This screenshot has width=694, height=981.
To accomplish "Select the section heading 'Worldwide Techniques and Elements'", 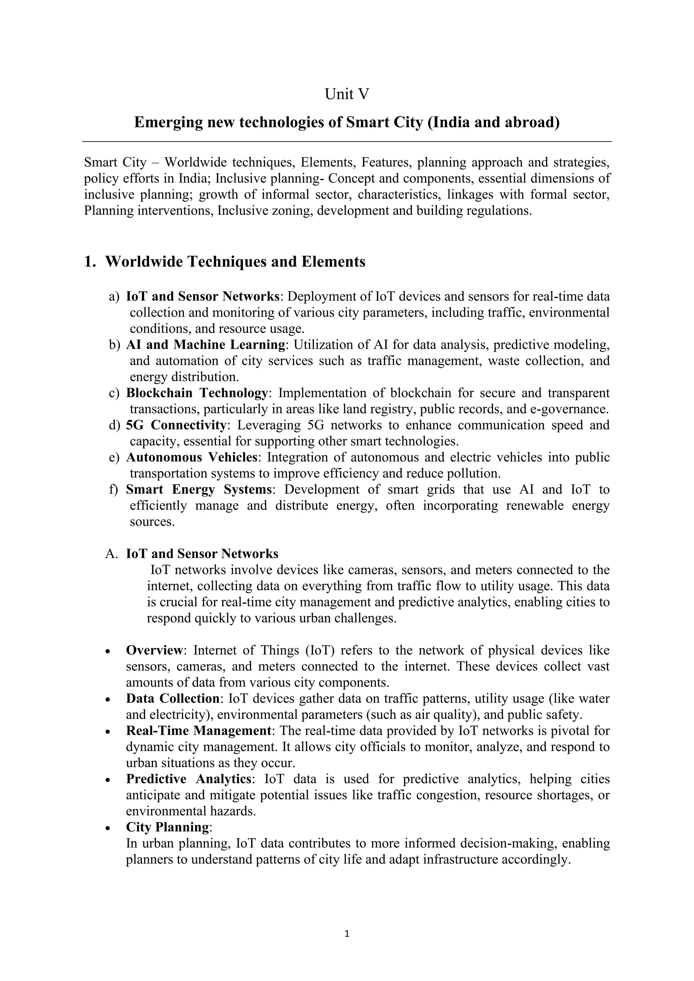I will [235, 262].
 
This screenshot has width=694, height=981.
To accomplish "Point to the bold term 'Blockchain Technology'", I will [197, 393].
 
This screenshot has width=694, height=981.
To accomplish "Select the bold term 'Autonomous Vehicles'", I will [191, 458].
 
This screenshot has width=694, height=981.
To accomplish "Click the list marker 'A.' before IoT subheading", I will [111, 554].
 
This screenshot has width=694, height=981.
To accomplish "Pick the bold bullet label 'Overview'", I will [154, 651].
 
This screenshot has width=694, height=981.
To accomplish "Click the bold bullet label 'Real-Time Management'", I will [198, 731].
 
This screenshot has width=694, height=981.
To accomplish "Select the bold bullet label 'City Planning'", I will [167, 828].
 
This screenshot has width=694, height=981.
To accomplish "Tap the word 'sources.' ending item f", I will [152, 522].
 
